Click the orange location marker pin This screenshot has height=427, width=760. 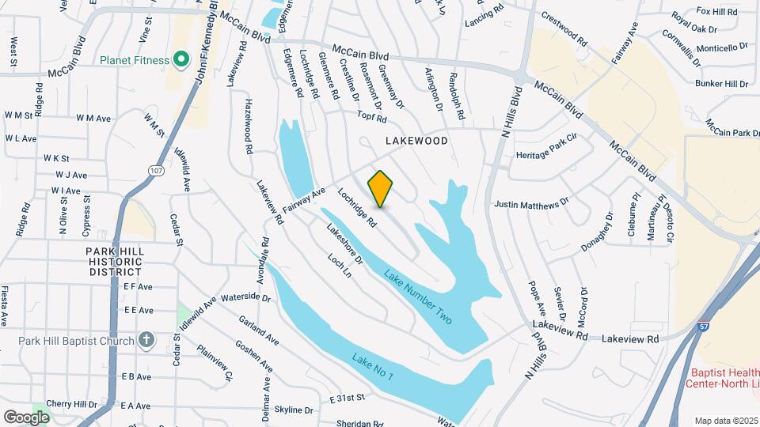coord(381,189)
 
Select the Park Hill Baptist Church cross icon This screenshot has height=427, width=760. coord(146,340)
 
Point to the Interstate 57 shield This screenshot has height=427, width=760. coord(703,326)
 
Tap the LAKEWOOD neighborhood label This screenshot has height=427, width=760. coord(416,141)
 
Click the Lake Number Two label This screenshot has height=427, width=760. coord(418,297)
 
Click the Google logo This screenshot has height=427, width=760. coord(27,416)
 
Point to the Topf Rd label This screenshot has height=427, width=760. coord(370,119)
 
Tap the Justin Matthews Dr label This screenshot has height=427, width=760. coord(531,203)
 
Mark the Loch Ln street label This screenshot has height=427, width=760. coord(340,265)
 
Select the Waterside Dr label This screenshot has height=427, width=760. coord(245,298)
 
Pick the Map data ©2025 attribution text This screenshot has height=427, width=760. coord(725,420)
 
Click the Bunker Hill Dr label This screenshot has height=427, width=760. coord(721,84)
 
